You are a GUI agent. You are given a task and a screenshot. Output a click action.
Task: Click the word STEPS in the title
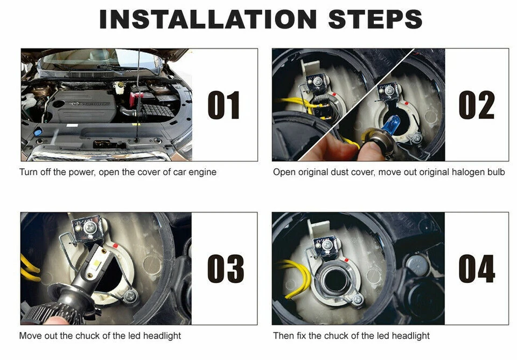click(x=375, y=20)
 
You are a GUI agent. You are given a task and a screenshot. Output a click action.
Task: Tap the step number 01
click(x=223, y=105)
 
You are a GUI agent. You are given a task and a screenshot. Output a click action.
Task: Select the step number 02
click(x=477, y=105)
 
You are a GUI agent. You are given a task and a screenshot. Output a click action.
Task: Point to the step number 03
click(x=225, y=269)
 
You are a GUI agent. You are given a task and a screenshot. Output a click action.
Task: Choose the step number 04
click(x=477, y=269)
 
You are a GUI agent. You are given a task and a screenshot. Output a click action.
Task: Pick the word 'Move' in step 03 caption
click(x=30, y=336)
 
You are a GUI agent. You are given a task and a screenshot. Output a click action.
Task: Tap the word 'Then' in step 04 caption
click(x=283, y=336)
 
